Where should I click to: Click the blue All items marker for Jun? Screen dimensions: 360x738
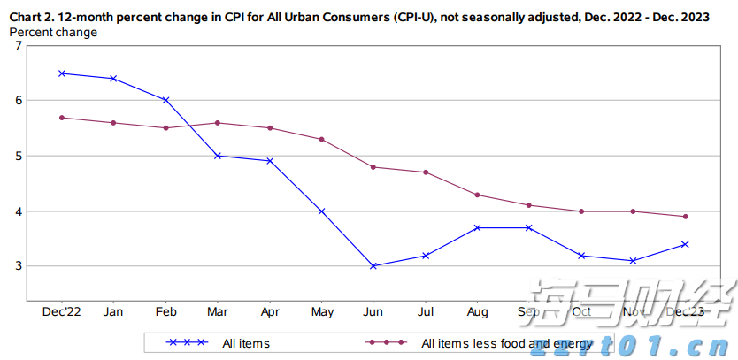(x=373, y=265)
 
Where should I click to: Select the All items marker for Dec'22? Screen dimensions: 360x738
(x=62, y=73)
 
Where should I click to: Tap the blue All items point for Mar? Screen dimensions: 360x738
(x=218, y=156)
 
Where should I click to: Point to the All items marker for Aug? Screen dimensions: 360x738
(x=477, y=227)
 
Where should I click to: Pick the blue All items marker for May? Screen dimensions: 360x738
(x=322, y=211)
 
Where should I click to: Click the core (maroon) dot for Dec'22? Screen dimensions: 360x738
(x=62, y=118)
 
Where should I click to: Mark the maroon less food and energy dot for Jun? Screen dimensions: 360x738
(x=373, y=167)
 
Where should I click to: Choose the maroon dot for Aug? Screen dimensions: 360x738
(x=477, y=195)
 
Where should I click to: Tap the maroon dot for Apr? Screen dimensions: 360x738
(x=270, y=128)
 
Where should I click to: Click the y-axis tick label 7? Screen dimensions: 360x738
(x=19, y=45)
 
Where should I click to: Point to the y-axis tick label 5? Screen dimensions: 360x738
(x=19, y=156)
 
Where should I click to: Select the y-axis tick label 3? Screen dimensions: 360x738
(x=19, y=266)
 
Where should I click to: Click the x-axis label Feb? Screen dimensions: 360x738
(x=165, y=312)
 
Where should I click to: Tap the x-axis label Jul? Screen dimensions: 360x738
(x=426, y=312)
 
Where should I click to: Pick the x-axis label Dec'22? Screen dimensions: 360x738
(x=62, y=312)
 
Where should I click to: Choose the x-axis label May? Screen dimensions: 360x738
(x=322, y=312)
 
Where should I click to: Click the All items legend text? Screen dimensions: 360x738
(x=246, y=343)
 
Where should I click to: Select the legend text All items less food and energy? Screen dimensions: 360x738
(x=507, y=343)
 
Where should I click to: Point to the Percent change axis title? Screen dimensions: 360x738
(x=53, y=32)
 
